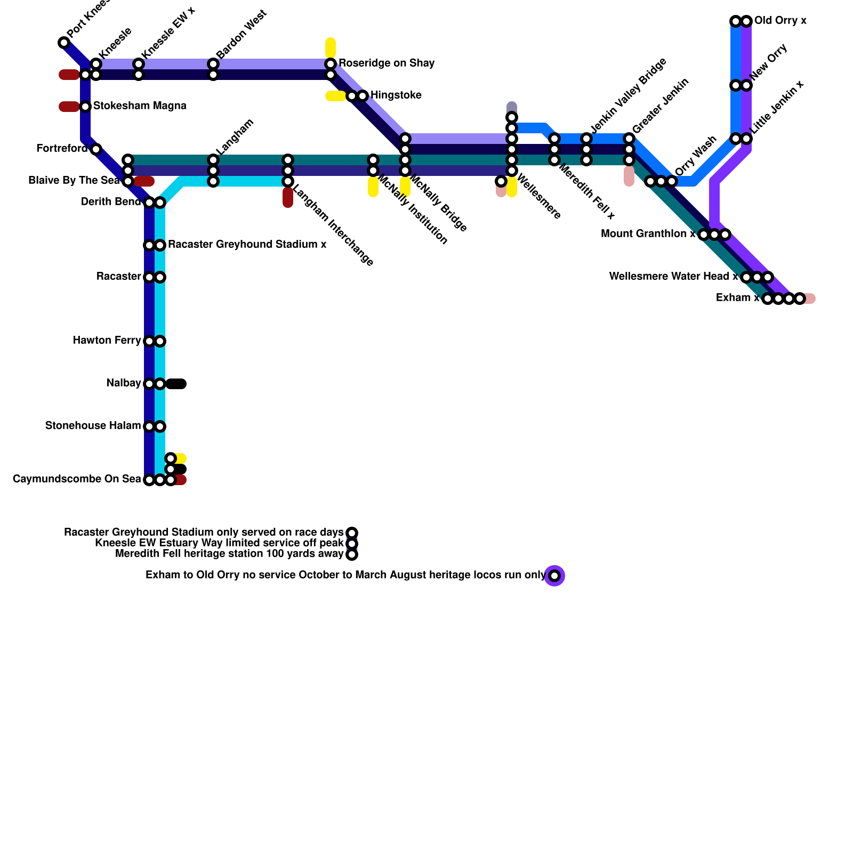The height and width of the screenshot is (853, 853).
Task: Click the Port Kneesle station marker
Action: pos(64,43)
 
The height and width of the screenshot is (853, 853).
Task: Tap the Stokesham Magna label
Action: pos(140,106)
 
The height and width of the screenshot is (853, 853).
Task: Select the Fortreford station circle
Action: pos(96,149)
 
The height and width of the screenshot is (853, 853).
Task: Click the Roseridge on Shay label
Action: pos(387,63)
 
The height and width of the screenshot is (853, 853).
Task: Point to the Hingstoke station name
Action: pos(396,95)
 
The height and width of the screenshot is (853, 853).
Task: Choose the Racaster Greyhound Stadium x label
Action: pos(247,245)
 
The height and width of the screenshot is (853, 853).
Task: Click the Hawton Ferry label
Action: pos(107,341)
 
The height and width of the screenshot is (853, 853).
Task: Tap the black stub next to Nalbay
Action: pos(176,384)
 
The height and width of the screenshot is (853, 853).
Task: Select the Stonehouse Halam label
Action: pos(93,426)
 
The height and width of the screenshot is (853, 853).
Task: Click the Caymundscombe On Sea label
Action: pos(77,479)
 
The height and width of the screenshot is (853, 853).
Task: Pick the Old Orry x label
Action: pos(780,21)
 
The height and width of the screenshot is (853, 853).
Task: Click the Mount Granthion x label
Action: pos(648,234)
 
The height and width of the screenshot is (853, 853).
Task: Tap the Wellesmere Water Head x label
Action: pos(673,277)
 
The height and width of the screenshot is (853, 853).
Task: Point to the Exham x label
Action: pos(737,298)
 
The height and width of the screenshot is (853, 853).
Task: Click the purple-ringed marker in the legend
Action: pos(554,576)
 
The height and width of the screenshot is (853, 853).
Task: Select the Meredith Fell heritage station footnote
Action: pos(229,554)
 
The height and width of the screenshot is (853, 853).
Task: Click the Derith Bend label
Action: pos(111,202)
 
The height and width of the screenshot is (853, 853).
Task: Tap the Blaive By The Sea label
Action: pos(74,181)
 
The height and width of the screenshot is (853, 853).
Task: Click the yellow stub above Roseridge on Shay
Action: pos(331,47)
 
